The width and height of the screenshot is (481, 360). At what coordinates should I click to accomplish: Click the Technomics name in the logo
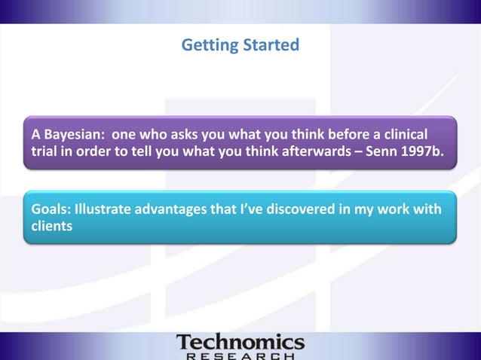coord(240,342)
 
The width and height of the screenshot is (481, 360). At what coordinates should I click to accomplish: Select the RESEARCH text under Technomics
coord(240,355)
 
